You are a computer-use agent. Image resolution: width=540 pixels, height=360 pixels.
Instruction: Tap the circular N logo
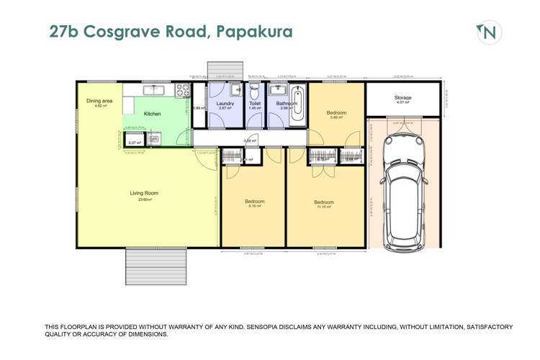[489, 32]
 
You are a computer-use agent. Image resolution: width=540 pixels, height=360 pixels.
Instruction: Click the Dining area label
[99, 102]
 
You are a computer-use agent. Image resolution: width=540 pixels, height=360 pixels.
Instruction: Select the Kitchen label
[152, 114]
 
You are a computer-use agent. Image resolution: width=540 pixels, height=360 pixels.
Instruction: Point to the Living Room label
[144, 193]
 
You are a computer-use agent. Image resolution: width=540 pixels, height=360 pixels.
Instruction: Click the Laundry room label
[225, 104]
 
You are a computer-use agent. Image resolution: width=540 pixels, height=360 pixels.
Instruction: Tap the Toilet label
[254, 104]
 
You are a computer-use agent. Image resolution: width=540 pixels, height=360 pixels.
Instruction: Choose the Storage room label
[402, 97]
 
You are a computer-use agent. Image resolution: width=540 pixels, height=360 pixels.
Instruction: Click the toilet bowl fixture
[254, 92]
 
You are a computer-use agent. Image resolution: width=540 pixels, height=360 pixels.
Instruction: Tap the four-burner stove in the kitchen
[183, 91]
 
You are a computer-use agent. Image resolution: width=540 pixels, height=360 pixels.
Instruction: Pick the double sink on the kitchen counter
[155, 90]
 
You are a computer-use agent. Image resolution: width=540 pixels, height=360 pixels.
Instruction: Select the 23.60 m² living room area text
[144, 199]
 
